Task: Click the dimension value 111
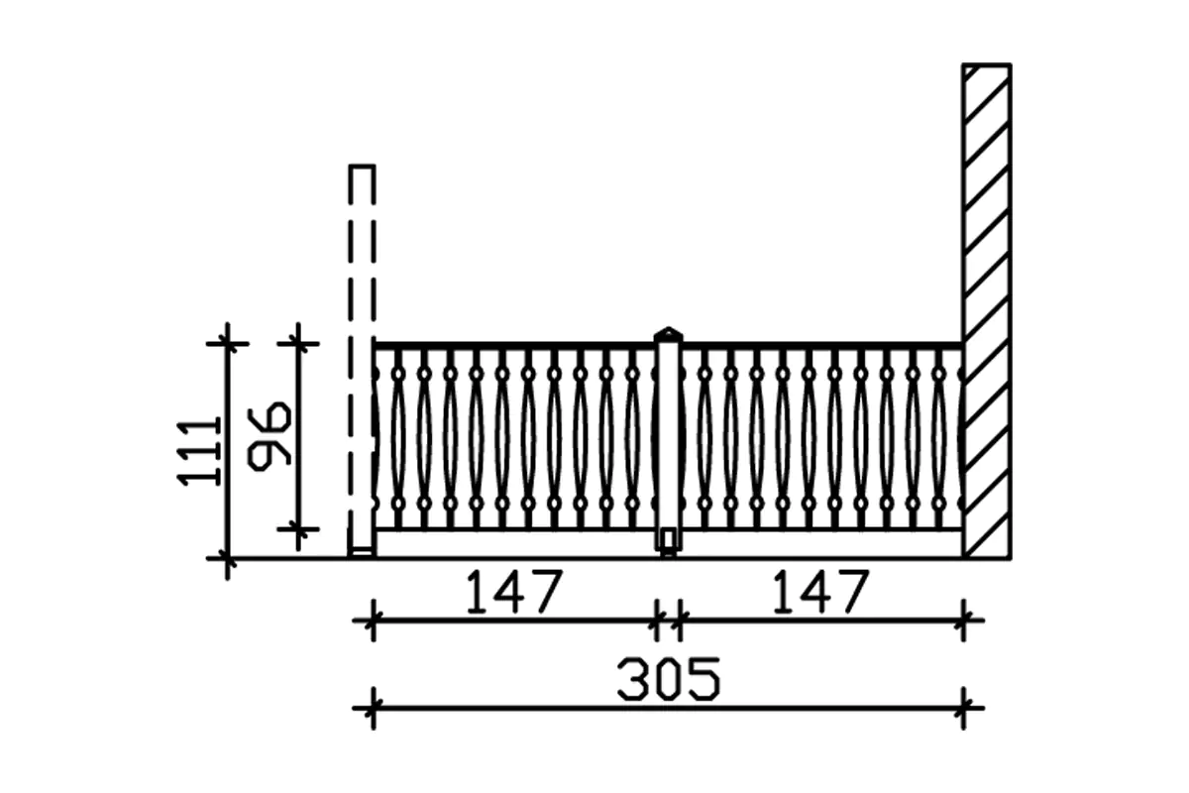coord(198,450)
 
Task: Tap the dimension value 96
coord(270,434)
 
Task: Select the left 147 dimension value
coord(513,592)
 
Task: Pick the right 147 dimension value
coord(819,592)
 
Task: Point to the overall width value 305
coord(667,680)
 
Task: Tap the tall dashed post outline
coord(363,347)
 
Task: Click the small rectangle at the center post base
coord(669,539)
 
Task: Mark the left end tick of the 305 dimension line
coord(373,708)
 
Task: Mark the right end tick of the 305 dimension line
coord(964,708)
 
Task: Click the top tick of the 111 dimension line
coord(227,343)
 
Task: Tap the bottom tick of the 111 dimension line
coord(227,559)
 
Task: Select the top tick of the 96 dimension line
coord(297,343)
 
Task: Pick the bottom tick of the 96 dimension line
coord(297,529)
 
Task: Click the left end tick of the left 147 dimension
coord(373,622)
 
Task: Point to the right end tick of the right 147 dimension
coord(964,622)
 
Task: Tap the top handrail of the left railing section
coord(515,346)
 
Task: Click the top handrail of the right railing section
coord(822,346)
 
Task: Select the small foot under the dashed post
coord(363,553)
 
